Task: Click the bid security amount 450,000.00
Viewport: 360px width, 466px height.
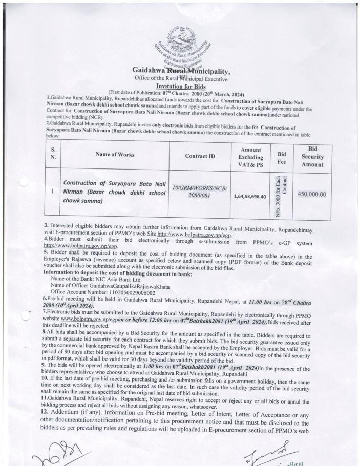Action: (x=312, y=194)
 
